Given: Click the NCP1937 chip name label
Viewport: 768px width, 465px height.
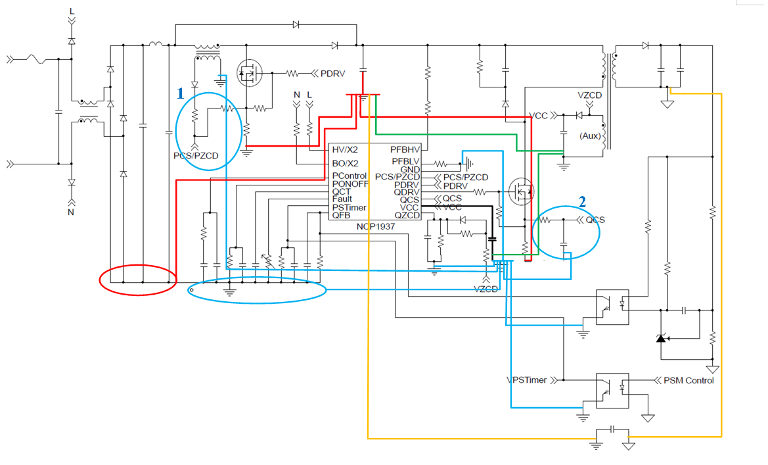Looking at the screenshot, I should pos(375,226).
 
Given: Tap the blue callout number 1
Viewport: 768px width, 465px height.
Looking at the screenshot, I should pos(180,93).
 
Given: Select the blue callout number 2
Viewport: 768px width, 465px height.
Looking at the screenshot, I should pos(581,201).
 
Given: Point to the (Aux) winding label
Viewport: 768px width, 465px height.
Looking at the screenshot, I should pos(587,135).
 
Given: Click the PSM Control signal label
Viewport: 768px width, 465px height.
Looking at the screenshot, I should pos(688,380).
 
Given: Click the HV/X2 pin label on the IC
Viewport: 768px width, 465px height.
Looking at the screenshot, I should pos(345,150).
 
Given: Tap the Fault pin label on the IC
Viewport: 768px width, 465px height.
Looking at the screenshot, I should pos(342,199).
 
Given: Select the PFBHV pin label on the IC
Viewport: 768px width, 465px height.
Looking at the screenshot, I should pos(405,150).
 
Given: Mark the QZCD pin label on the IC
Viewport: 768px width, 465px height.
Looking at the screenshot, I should pos(407,216).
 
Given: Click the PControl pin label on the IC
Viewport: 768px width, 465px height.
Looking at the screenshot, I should pos(349,176).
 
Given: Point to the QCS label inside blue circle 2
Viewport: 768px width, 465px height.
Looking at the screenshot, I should pos(595,220).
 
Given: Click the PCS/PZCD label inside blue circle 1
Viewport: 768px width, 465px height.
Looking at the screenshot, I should pos(195,156).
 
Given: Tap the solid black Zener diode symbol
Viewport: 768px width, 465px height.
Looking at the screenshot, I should pos(661,338).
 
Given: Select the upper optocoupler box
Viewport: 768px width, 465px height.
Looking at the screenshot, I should pos(612,306).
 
